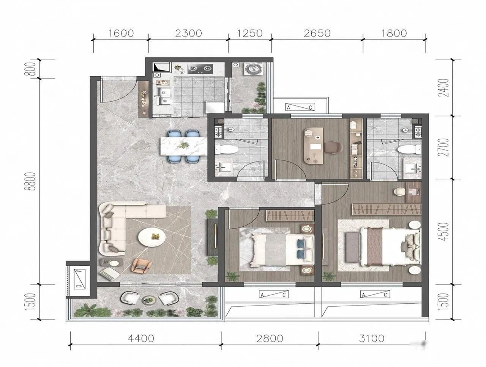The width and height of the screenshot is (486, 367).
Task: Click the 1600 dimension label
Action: [121, 33]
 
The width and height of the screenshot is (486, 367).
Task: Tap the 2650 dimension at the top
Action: [317, 33]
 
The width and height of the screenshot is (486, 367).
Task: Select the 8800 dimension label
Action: [32, 181]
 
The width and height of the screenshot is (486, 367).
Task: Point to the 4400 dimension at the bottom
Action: [141, 339]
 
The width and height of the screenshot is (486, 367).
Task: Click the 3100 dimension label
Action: [372, 339]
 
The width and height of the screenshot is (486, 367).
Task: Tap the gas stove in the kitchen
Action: [200, 69]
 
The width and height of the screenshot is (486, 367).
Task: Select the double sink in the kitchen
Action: [164, 96]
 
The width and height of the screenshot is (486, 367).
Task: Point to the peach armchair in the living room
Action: [142, 266]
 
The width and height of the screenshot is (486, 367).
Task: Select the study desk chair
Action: [333, 147]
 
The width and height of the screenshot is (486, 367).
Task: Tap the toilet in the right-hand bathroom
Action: [409, 149]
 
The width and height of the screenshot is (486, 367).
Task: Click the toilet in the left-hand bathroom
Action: [227, 149]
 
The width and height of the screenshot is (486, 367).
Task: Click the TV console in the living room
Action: [212, 237]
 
